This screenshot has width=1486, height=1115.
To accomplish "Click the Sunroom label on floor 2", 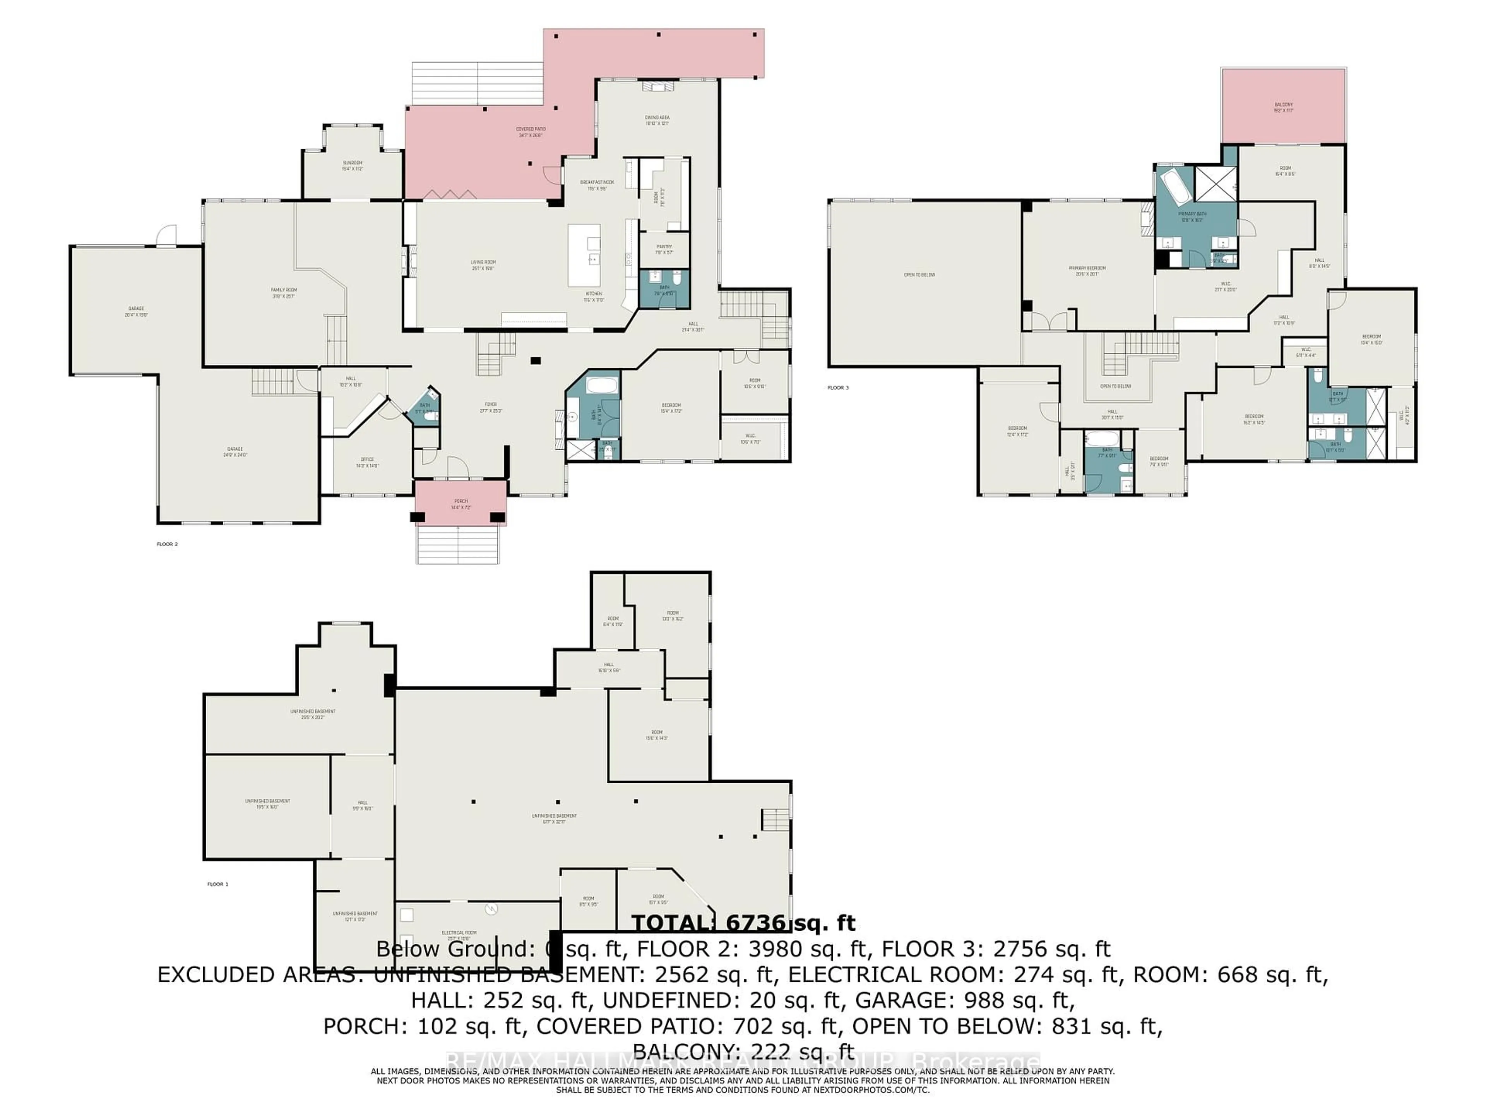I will (353, 165).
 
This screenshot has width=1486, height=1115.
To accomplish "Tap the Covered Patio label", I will (530, 132).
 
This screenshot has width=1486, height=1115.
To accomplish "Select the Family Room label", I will (284, 292).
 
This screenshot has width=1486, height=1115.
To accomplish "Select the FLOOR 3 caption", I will (838, 388).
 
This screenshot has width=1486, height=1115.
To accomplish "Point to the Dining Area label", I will (657, 120).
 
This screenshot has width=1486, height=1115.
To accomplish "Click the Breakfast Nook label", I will (597, 185).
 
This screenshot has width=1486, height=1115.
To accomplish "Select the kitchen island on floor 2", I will (584, 256).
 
